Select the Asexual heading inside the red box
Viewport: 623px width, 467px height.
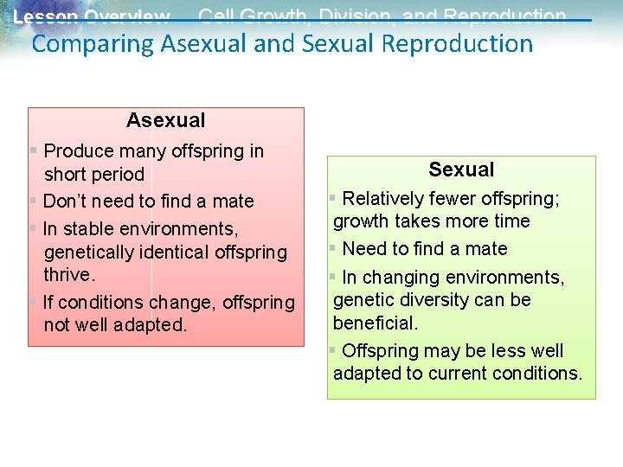(165, 120)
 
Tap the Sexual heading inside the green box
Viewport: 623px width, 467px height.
(461, 170)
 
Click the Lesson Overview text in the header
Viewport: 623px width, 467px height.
(91, 17)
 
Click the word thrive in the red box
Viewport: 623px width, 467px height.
(67, 275)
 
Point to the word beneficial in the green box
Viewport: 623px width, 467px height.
(374, 323)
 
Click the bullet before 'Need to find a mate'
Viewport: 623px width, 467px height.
(332, 249)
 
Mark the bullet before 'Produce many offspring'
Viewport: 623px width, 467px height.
(33, 151)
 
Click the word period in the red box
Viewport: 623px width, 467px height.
(118, 175)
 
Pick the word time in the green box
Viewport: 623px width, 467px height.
(511, 221)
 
